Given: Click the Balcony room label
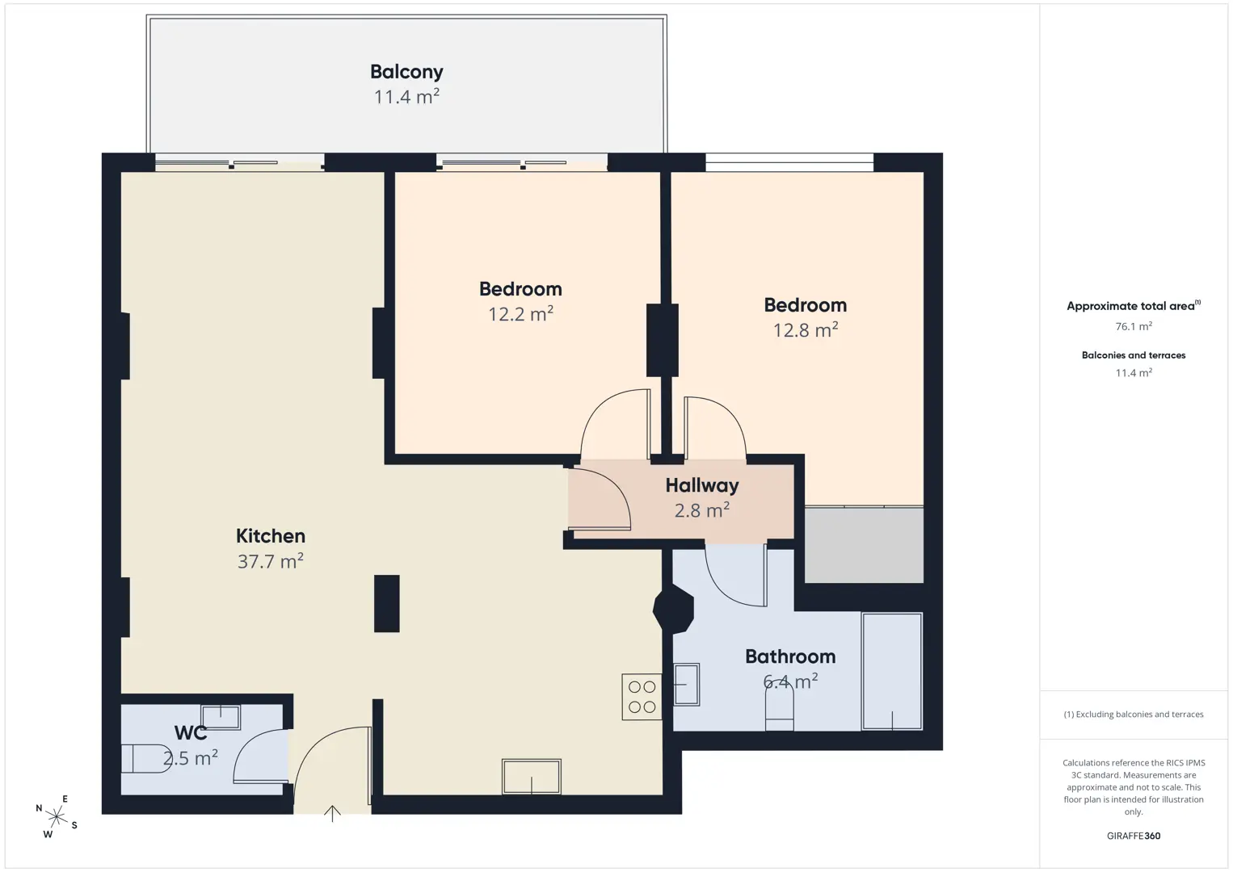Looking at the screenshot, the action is click(406, 72).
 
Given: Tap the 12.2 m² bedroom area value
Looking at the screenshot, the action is click(520, 313).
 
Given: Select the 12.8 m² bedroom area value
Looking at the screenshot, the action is click(806, 329).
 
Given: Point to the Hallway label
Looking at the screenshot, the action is click(702, 485).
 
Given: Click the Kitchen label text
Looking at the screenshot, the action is click(270, 536).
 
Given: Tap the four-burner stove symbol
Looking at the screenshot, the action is click(642, 697).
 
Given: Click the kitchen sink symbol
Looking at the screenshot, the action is click(531, 776).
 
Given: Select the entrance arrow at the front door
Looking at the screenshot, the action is click(332, 814).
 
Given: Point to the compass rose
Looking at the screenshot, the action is click(56, 816).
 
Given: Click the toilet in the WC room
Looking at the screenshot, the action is click(146, 759).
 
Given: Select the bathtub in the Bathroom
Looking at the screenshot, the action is click(892, 671).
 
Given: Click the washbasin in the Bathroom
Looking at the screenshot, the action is click(687, 685).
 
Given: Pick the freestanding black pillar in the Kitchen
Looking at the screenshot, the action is click(387, 603).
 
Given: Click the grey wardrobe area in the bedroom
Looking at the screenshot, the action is click(865, 545).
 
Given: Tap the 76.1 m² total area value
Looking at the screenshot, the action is click(1134, 326).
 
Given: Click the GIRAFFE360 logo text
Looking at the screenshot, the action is click(1134, 836).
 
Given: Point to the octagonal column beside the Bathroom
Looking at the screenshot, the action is click(673, 610).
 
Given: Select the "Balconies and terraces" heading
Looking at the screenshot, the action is click(1134, 355).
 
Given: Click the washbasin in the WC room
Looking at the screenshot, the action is click(220, 718).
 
